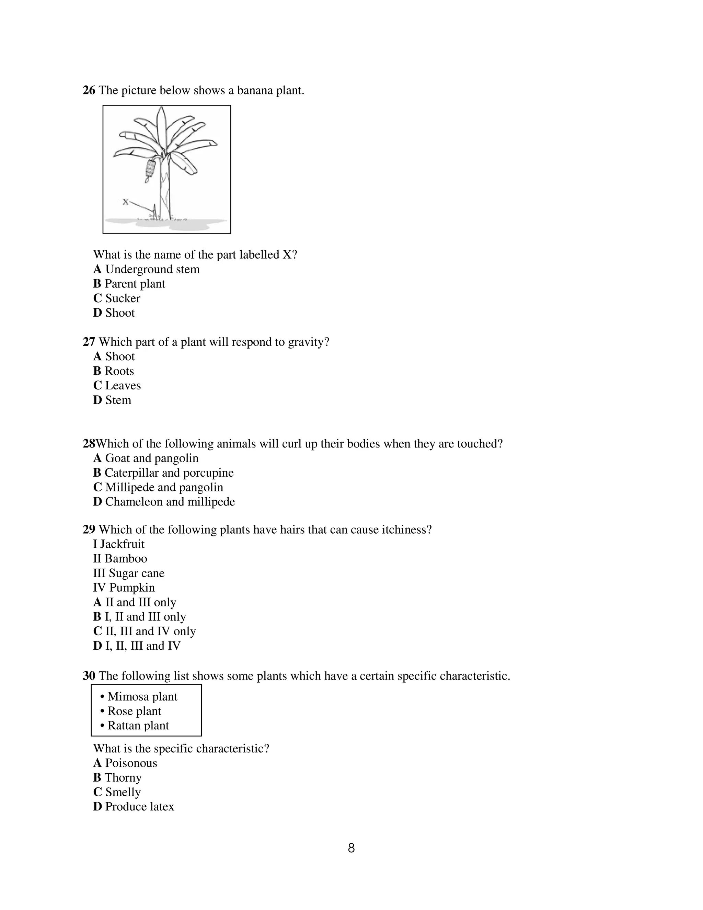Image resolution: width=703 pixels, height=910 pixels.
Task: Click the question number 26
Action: (89, 90)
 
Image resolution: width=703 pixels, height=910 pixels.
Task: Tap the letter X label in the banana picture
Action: (125, 202)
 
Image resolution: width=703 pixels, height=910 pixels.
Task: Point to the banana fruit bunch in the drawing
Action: (150, 168)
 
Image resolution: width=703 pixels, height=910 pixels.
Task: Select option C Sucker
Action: (117, 298)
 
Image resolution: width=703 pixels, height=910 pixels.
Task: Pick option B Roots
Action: (113, 371)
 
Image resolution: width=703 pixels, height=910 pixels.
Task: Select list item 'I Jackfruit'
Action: (119, 544)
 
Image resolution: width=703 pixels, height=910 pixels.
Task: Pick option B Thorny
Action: (117, 777)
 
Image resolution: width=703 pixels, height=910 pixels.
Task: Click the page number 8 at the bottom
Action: (351, 848)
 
